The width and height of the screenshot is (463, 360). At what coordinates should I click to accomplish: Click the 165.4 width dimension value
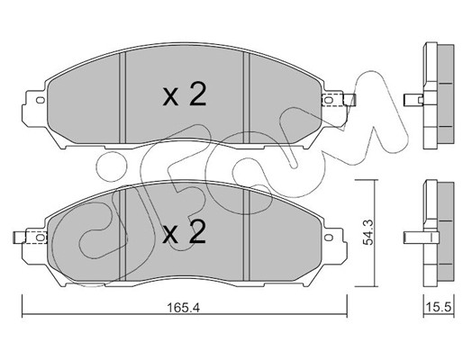point(184,308)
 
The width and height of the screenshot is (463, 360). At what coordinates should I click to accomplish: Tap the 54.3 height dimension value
point(368,232)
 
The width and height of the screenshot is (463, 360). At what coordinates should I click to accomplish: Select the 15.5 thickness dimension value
point(439,307)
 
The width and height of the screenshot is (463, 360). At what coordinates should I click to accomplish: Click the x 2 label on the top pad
point(185,94)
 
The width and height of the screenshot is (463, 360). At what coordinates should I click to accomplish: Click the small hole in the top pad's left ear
point(40,100)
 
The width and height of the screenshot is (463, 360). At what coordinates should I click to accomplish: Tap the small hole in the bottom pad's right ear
point(330,237)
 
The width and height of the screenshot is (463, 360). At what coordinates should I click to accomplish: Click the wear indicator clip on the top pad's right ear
point(339,100)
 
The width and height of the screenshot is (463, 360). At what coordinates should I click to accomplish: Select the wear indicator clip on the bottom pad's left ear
point(30,238)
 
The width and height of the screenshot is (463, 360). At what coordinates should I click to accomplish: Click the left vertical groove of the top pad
point(123,97)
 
